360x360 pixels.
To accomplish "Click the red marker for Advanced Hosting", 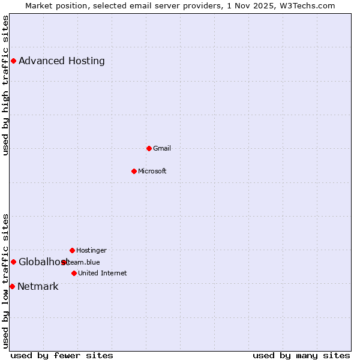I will pyautogui.click(x=13, y=61).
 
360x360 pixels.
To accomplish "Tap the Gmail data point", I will pyautogui.click(x=149, y=148).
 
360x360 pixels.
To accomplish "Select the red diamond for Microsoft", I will pyautogui.click(x=134, y=171).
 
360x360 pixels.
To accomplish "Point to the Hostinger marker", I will pyautogui.click(x=72, y=250).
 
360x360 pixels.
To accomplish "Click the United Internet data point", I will pyautogui.click(x=74, y=273).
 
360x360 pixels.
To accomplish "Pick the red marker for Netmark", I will pyautogui.click(x=12, y=286).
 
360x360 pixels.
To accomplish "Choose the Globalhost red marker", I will pyautogui.click(x=13, y=262).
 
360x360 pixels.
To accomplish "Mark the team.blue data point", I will pyautogui.click(x=64, y=262).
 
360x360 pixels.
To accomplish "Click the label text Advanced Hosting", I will pyautogui.click(x=62, y=61).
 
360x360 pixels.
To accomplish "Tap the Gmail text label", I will pyautogui.click(x=162, y=148).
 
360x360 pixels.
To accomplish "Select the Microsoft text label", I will pyautogui.click(x=152, y=171).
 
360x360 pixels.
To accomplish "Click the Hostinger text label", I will pyautogui.click(x=91, y=250).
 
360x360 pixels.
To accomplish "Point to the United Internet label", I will pyautogui.click(x=103, y=273).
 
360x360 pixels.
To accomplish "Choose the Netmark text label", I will pyautogui.click(x=38, y=286).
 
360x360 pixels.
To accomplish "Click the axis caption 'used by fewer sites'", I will pyautogui.click(x=62, y=355).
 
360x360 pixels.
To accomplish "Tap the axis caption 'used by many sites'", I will pyautogui.click(x=301, y=355).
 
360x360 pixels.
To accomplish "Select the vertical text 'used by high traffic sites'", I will pyautogui.click(x=5, y=85).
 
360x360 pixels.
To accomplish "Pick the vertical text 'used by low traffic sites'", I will pyautogui.click(x=5, y=281).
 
